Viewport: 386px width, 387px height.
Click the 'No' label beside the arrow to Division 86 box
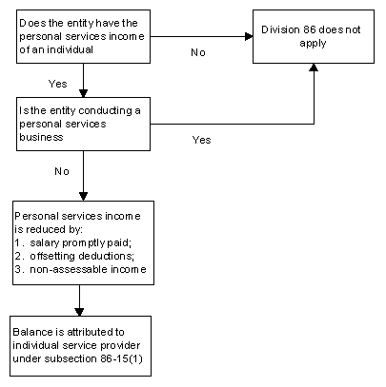[198, 52]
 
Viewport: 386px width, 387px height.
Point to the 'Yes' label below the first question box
[58, 84]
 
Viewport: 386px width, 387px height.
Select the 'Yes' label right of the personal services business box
[201, 140]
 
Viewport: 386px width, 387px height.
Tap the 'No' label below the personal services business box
[62, 171]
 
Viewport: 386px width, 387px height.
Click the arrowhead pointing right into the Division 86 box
[249, 36]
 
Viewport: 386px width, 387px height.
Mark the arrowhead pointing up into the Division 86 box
[314, 68]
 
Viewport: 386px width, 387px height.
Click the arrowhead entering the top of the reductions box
[83, 197]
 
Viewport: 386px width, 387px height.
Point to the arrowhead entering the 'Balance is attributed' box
[79, 312]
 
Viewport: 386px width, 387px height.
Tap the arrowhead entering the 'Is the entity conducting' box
[83, 93]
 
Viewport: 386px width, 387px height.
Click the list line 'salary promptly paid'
[72, 243]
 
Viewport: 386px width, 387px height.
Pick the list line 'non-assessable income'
[80, 269]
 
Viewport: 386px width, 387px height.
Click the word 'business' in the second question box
[41, 137]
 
